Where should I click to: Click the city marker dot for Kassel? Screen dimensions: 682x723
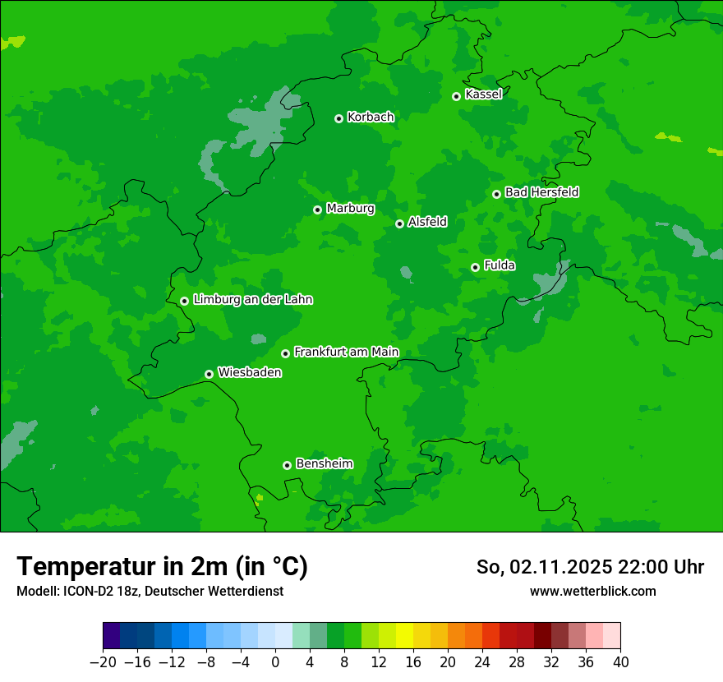click(456, 96)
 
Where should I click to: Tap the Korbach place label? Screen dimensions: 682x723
click(371, 118)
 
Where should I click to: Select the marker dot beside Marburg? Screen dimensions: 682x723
click(317, 210)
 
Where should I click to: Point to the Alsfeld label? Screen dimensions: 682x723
click(427, 222)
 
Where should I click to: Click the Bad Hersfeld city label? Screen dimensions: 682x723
click(541, 192)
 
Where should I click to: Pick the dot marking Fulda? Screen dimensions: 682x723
click(475, 267)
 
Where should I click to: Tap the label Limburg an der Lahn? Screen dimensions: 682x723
click(252, 300)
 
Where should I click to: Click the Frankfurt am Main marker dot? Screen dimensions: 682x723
click(285, 353)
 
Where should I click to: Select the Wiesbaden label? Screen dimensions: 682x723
click(250, 373)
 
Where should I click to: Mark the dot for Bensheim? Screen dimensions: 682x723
click(287, 465)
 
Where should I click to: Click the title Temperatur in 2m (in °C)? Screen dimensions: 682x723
click(162, 567)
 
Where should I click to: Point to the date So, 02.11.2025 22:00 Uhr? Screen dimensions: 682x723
click(590, 567)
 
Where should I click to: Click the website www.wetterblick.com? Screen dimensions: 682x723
click(592, 591)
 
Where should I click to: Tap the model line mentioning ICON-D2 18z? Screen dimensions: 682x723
click(150, 591)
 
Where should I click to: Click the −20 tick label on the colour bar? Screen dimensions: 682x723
click(103, 662)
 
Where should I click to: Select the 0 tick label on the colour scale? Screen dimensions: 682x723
click(275, 662)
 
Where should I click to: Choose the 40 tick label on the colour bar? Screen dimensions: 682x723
click(620, 662)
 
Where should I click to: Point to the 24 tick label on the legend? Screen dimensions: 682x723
click(482, 662)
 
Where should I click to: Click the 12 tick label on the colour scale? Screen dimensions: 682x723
click(379, 662)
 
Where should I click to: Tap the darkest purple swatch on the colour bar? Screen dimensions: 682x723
click(112, 636)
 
